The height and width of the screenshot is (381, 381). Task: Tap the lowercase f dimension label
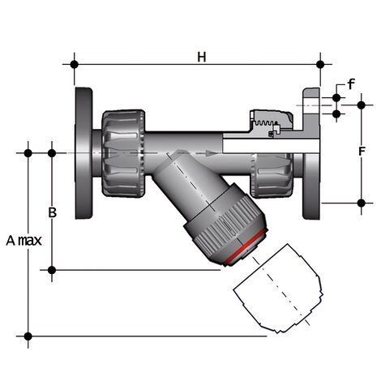tap(350, 83)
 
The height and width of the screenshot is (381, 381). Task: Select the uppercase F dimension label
tap(362, 151)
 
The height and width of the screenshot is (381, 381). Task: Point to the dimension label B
tap(52, 212)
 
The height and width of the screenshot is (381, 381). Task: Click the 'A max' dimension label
tap(24, 241)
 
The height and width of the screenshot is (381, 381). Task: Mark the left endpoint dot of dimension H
tap(75, 63)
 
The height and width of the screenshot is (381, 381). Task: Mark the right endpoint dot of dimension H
tap(321, 63)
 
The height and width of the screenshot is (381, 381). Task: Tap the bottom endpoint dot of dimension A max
tap(28, 335)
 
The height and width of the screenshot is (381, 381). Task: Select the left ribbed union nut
tap(123, 152)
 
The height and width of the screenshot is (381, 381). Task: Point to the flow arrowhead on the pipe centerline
tap(212, 152)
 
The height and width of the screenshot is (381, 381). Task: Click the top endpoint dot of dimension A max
tap(28, 152)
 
